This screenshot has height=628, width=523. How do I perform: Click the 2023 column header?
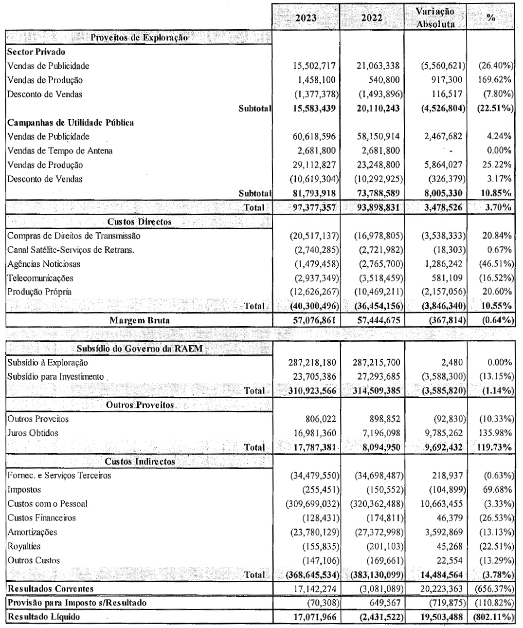[x=306, y=18]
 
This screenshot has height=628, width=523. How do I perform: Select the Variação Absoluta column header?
[x=435, y=18]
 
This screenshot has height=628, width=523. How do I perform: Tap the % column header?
[x=491, y=18]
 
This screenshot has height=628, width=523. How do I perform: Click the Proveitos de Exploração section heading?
[x=139, y=37]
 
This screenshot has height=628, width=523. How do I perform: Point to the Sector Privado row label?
[x=36, y=52]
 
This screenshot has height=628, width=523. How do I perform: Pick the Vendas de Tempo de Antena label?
[x=60, y=150]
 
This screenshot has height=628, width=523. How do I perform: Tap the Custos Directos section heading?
[x=139, y=222]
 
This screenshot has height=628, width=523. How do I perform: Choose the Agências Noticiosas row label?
[x=44, y=264]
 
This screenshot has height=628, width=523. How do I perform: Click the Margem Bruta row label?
[x=139, y=320]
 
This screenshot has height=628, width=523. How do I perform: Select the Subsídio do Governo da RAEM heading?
[x=139, y=349]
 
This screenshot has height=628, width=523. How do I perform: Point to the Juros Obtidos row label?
[x=33, y=433]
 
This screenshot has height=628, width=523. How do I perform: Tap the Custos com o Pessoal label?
[x=48, y=503]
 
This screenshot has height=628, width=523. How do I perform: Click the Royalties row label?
[x=24, y=546]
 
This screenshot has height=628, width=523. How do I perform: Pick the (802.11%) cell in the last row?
[x=492, y=617]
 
